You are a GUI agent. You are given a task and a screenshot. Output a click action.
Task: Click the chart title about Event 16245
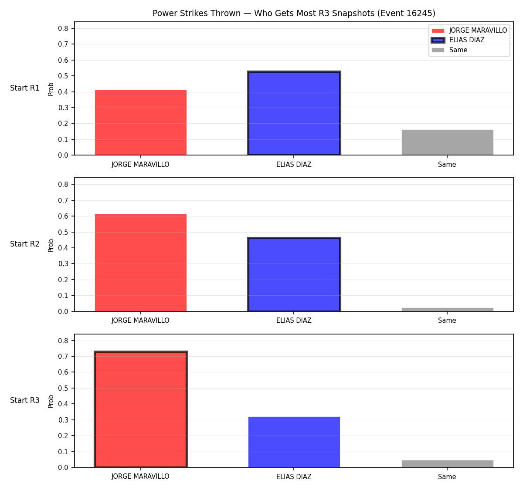point(294,13)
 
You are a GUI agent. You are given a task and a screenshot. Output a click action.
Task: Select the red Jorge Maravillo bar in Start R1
point(141,122)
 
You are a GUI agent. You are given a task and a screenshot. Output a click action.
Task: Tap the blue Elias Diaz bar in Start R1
point(294,113)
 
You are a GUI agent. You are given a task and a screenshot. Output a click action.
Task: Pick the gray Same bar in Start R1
point(447,142)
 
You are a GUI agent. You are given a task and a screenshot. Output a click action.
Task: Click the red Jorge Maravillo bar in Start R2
point(141,263)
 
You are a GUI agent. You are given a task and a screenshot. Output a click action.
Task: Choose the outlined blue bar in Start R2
point(294,274)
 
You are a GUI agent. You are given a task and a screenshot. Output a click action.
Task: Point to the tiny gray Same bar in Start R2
point(447,309)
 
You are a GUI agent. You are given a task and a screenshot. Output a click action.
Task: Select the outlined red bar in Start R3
point(141,409)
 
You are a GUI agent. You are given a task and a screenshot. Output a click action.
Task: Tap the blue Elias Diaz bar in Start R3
point(294,442)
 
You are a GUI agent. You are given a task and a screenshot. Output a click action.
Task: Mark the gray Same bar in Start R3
point(447,464)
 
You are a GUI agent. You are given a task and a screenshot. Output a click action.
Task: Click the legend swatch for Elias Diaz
point(438,40)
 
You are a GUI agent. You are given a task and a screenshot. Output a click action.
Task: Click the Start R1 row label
point(25,88)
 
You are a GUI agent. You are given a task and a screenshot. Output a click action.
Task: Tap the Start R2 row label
point(25,244)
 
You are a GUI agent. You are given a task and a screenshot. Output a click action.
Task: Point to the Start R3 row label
point(25,400)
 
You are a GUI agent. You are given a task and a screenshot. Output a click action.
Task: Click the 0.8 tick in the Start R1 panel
point(63,28)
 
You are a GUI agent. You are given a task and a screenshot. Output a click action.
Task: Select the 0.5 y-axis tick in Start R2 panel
point(63,232)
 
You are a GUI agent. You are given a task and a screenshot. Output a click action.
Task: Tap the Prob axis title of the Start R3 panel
point(51,402)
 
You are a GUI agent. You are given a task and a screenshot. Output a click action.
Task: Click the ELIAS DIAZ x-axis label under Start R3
point(294,476)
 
